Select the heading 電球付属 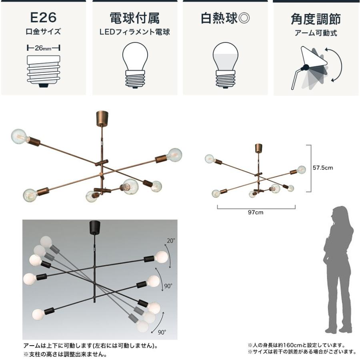pos(135,18)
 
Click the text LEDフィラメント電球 pos(135,32)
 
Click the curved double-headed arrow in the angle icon pos(335,64)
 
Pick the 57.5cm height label pos(323,168)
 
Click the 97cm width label pos(256,212)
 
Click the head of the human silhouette pos(340,214)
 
